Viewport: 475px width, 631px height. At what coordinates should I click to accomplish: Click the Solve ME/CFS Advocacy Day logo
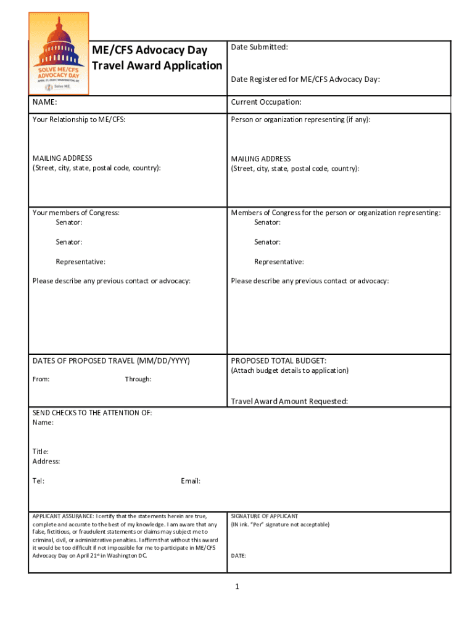pos(59,54)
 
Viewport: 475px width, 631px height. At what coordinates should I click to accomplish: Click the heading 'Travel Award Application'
pos(157,66)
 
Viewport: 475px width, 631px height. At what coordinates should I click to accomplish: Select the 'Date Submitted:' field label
pos(259,47)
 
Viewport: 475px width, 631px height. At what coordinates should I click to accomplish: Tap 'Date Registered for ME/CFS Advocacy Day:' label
pos(305,79)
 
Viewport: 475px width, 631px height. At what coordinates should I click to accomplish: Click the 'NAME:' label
pos(44,102)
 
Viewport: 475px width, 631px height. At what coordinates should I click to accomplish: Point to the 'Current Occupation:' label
pos(266,102)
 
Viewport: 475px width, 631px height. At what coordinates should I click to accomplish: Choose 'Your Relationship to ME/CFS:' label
pos(78,120)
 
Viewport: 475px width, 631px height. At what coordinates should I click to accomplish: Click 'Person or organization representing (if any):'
pos(300,120)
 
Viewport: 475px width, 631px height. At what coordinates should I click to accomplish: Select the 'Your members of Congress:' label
pos(75,213)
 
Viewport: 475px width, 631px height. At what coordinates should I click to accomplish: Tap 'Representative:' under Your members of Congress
pos(80,262)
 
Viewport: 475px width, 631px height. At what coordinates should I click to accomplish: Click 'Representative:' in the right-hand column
pos(279,262)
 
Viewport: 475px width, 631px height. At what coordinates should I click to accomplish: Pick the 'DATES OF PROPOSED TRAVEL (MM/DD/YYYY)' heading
pos(111,360)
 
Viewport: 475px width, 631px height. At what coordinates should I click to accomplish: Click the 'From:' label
pos(41,379)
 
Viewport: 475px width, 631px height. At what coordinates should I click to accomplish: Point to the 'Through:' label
pos(138,379)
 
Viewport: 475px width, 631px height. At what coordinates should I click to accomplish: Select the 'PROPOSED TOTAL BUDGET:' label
pos(279,360)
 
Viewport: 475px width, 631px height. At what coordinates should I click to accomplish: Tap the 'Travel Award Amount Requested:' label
pos(289,401)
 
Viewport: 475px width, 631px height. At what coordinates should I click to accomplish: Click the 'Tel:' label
pos(38,481)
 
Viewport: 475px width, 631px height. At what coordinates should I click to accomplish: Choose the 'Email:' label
pos(191,481)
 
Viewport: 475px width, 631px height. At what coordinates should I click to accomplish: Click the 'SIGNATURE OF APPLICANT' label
pos(265,516)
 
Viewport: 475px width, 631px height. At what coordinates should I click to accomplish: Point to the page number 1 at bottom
pos(236,587)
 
